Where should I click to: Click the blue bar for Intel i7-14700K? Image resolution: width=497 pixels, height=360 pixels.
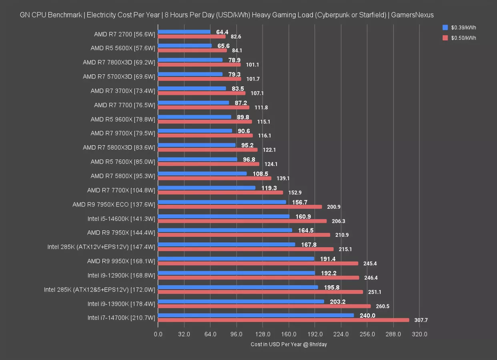point(256,315)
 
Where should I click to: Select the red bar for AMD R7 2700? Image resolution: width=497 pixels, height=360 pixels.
point(192,36)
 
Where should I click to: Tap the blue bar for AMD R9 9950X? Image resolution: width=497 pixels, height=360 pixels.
point(236,258)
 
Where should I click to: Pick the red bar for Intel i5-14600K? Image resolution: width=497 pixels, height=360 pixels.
point(242,221)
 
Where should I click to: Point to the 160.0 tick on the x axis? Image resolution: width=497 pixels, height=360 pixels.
point(289,334)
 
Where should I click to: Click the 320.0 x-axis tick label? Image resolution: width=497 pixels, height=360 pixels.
point(419,334)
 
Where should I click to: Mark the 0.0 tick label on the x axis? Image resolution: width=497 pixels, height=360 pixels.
point(158,334)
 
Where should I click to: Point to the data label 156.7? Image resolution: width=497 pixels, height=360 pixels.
point(300,202)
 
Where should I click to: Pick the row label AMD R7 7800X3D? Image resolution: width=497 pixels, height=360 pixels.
point(119,62)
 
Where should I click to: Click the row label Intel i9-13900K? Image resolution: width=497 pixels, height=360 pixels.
point(121,304)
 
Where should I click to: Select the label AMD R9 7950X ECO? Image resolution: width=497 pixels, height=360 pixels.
point(114,204)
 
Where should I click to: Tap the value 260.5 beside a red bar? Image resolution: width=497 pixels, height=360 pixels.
point(382,306)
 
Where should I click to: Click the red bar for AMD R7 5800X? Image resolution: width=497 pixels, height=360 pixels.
point(214,178)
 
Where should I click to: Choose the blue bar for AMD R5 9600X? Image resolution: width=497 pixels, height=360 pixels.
point(194,117)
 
